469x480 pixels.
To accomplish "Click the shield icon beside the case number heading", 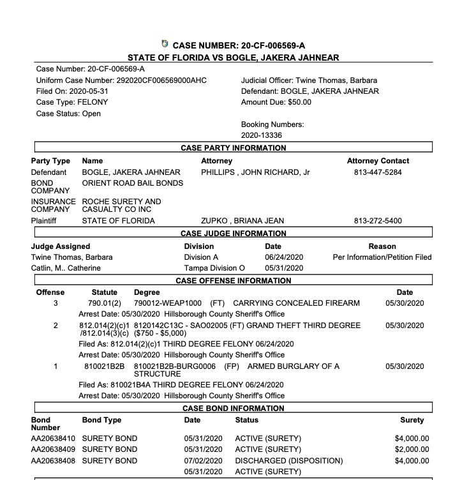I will [165, 44].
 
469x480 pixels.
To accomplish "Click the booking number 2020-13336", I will [262, 135].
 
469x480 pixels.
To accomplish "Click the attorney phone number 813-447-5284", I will [378, 172].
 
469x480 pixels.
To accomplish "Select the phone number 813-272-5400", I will [378, 221].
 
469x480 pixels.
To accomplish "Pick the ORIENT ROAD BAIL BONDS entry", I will [133, 183].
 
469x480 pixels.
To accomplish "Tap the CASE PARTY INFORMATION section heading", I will [234, 148].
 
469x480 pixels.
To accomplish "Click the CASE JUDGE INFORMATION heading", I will [234, 234].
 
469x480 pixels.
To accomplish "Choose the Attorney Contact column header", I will [378, 161].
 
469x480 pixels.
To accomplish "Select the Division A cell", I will [202, 257].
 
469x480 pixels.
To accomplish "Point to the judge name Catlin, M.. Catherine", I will [66, 268].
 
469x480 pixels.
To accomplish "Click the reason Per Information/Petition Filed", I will [382, 257].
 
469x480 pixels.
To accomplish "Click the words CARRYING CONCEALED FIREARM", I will [297, 303].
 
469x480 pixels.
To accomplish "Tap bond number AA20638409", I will [53, 450].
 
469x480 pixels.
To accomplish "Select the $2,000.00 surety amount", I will [412, 450].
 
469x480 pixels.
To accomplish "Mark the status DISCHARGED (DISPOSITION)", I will [289, 461].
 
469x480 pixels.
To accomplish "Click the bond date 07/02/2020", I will [203, 461].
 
